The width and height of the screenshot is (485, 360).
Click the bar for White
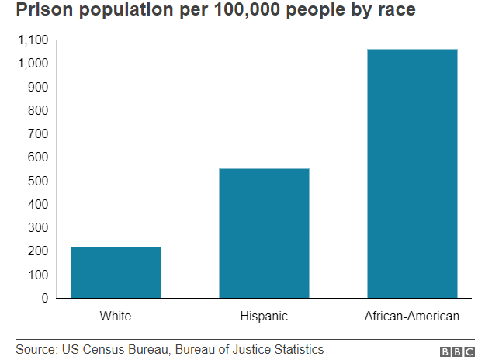pos(116,272)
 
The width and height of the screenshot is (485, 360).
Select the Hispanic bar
pos(264,233)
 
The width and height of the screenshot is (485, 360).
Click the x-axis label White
pos(116,316)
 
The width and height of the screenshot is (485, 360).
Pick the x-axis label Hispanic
pos(264,316)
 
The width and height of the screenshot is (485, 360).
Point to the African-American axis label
pos(412,316)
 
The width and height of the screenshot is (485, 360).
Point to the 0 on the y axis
pos(45,298)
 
